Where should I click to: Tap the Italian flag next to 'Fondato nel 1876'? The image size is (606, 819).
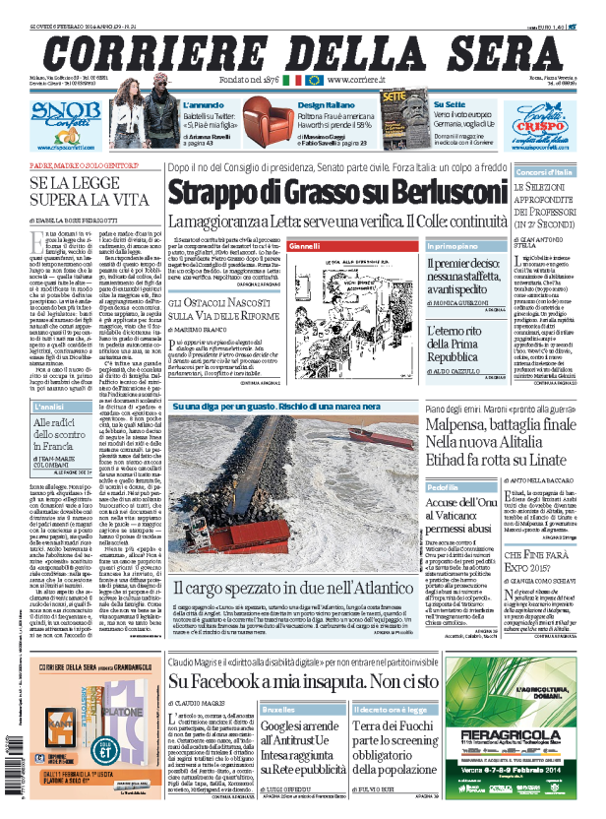tap(292, 79)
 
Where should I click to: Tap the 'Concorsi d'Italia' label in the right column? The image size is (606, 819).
tap(543, 172)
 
